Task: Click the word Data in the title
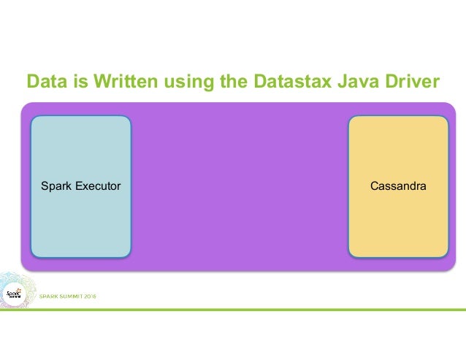pos(43,82)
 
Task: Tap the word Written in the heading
pos(105,82)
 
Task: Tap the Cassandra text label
pos(398,187)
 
